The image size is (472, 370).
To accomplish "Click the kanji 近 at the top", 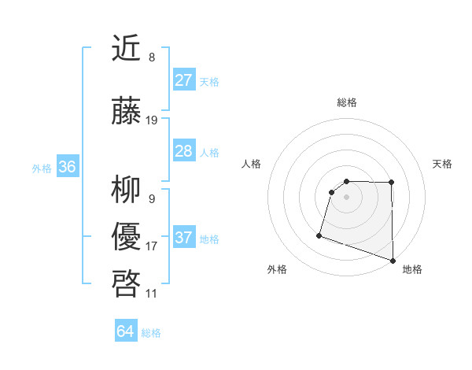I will click(127, 50).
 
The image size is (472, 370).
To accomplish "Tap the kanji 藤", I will click(127, 113).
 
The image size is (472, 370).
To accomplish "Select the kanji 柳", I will click(127, 190).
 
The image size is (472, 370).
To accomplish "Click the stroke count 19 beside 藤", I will click(152, 120).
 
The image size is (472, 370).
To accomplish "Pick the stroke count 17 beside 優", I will click(152, 246).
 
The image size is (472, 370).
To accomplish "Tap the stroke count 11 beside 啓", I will click(152, 293).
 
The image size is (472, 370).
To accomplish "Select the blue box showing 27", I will click(183, 80).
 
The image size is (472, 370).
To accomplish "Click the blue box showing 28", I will click(183, 151).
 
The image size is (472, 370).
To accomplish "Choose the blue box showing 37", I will click(183, 238).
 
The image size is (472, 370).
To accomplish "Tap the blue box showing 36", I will click(67, 167).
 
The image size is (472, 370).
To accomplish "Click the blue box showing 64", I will click(125, 332).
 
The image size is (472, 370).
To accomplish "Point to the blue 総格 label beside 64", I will click(151, 333).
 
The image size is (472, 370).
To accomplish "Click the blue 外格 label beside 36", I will click(42, 168).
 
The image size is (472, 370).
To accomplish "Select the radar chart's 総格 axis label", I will click(347, 102).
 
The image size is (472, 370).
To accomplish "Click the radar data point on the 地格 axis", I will click(393, 260).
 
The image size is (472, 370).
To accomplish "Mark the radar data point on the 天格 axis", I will click(392, 183).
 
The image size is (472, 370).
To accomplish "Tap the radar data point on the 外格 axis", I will click(319, 235).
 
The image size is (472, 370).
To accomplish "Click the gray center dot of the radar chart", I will click(346, 197).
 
